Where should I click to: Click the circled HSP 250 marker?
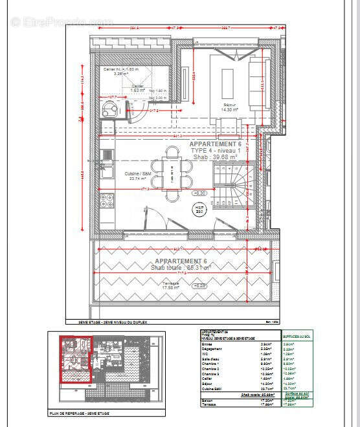point(200,209)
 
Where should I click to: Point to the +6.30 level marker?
point(199,193)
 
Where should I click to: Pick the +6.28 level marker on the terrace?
point(201,285)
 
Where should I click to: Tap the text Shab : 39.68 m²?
point(213,157)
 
